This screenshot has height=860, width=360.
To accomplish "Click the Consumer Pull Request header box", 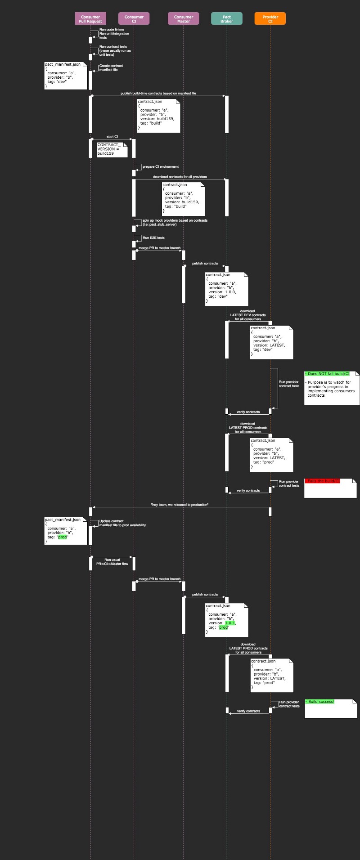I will [90, 19].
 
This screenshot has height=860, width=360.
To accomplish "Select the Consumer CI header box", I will [134, 19].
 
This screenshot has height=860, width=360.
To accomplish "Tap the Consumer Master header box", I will [184, 19].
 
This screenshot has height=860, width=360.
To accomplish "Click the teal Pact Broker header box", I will [227, 19].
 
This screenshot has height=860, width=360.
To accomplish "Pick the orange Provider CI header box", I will [270, 19].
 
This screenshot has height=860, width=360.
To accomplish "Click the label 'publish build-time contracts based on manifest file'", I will [158, 93].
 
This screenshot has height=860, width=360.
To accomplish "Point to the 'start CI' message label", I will [112, 136].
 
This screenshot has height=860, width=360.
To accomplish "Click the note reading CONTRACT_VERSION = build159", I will [108, 149].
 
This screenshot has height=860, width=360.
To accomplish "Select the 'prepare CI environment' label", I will [161, 166].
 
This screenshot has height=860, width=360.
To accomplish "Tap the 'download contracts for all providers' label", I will [180, 177].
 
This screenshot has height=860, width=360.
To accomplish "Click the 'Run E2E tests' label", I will [153, 237].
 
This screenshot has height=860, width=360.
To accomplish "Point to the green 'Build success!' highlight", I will [320, 702].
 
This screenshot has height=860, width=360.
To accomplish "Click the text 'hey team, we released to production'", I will [180, 505].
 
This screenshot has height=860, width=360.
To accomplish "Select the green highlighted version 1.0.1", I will [230, 623].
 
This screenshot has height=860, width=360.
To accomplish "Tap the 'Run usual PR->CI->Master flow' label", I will [112, 562].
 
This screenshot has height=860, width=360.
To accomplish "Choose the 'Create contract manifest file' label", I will [111, 68].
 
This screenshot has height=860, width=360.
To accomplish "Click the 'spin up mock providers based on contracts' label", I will [175, 222].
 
